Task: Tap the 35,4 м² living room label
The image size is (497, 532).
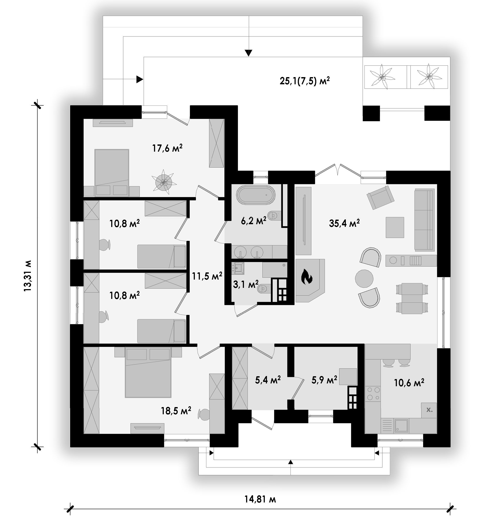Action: coord(344,223)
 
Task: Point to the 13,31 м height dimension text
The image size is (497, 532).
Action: coord(28,276)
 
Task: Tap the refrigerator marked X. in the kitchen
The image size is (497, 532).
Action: coord(429,410)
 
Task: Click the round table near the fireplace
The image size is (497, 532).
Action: coord(364,278)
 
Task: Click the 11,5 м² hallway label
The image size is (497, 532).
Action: coord(207,276)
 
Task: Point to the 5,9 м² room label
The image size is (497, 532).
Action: coord(324,380)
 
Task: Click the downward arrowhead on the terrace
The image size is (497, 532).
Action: coord(249,53)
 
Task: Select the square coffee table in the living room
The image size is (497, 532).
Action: coord(395,227)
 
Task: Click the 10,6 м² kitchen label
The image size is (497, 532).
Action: coord(409,383)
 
